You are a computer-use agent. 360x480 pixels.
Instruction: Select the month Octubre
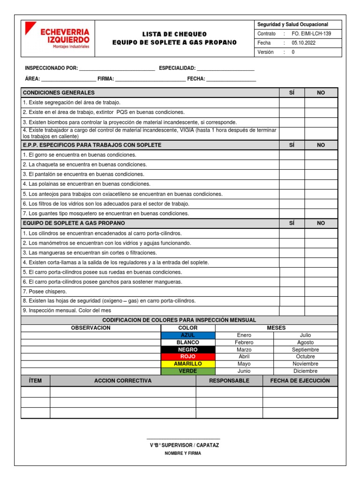click(x=305, y=356)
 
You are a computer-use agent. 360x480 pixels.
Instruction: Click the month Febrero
click(x=244, y=342)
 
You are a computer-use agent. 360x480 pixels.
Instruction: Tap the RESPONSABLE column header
click(x=229, y=381)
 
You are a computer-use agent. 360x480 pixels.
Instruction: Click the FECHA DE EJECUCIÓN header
click(x=300, y=381)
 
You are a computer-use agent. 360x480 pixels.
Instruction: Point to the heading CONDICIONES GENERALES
click(x=59, y=93)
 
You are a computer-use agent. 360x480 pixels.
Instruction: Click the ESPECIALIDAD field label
click(x=177, y=68)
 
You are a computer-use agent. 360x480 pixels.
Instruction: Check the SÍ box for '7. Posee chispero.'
click(x=292, y=292)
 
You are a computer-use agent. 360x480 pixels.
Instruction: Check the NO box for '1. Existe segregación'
click(x=321, y=103)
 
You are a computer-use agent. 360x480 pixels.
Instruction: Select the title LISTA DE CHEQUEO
click(x=174, y=34)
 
